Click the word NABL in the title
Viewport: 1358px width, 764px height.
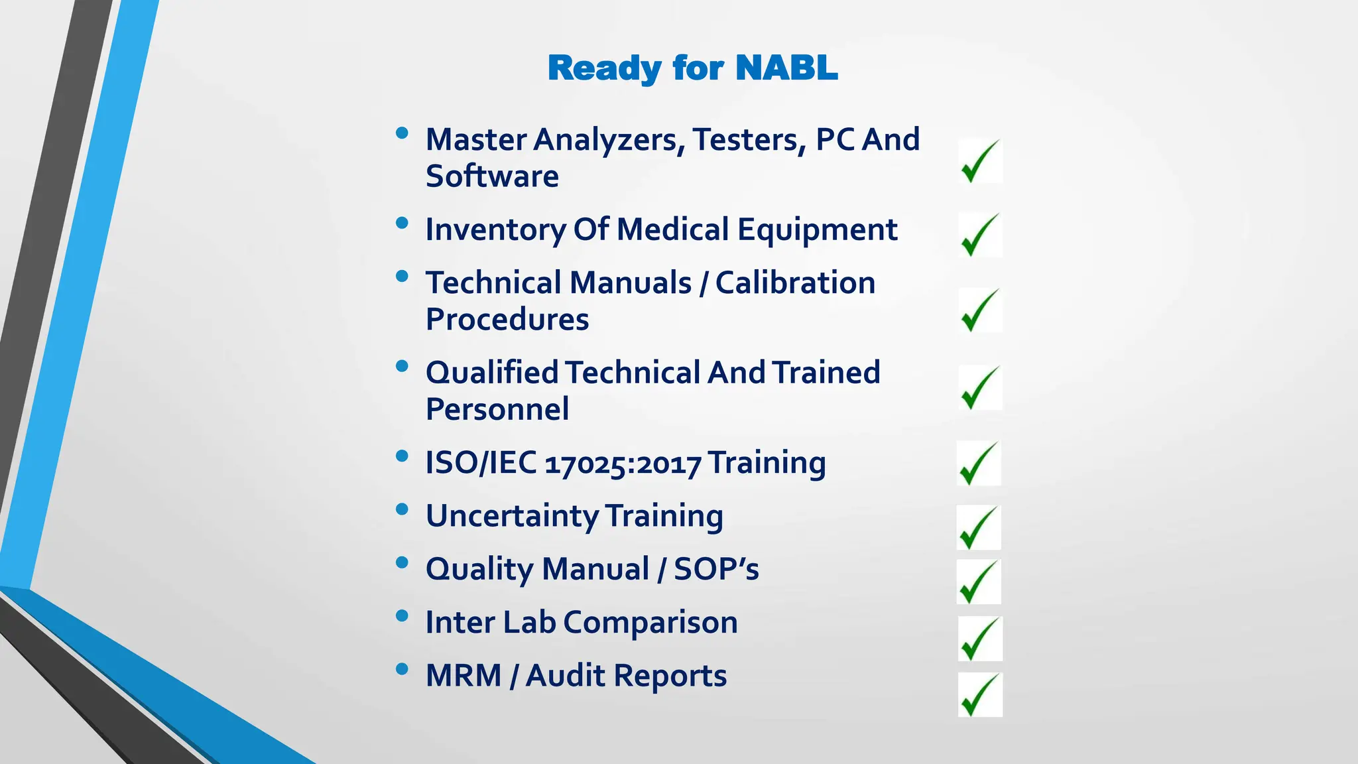click(786, 68)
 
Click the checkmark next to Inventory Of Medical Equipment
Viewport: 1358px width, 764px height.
click(979, 235)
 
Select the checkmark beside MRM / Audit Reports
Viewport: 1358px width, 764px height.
click(979, 695)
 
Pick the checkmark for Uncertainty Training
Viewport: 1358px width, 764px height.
click(978, 528)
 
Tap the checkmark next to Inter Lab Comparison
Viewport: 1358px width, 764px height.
click(979, 639)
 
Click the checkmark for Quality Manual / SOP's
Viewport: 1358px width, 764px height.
click(978, 582)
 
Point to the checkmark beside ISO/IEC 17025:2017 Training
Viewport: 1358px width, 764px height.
click(978, 464)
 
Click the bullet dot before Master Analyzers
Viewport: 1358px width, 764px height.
click(401, 133)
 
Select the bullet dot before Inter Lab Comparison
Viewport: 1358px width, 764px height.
click(401, 616)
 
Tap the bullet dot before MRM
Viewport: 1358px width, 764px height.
click(401, 669)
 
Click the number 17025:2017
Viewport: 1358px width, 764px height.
click(623, 464)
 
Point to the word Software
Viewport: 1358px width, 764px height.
click(492, 176)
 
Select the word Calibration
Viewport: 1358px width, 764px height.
click(795, 283)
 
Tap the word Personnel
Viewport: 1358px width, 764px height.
click(497, 409)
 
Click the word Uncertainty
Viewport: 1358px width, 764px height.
click(512, 517)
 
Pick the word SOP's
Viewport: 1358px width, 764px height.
click(716, 570)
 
